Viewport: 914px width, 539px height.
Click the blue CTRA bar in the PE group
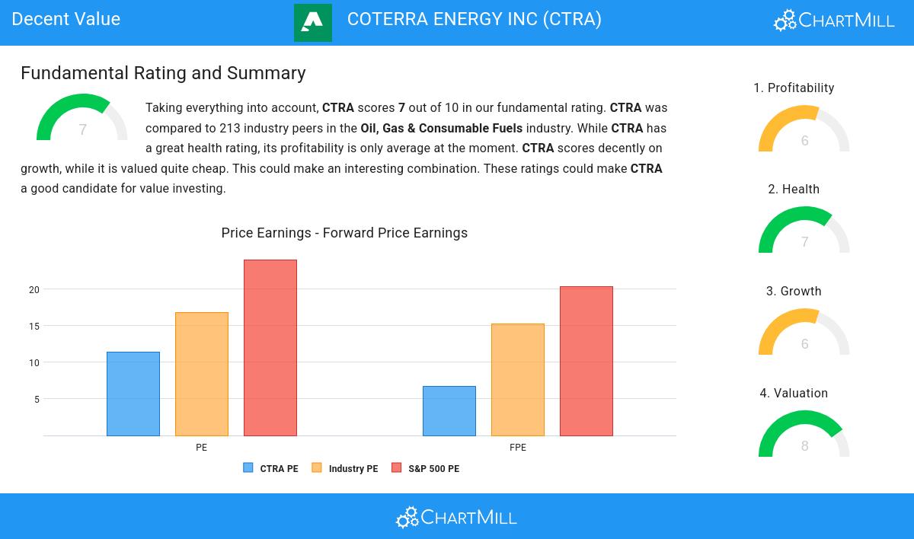coord(133,394)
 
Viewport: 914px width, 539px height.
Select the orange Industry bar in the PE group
coord(202,374)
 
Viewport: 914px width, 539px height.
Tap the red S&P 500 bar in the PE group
coord(270,348)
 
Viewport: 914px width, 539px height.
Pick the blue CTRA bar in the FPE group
coord(449,411)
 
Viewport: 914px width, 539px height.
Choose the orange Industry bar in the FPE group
coord(518,380)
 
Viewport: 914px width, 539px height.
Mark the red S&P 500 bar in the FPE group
coord(586,361)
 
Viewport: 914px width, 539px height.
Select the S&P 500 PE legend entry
coord(426,468)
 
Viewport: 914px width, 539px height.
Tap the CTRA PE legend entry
coord(271,468)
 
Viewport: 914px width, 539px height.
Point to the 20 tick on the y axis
coord(34,289)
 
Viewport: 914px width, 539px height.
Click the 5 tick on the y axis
coord(37,399)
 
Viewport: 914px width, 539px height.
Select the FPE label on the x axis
coord(518,448)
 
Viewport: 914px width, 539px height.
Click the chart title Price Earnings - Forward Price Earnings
coord(344,233)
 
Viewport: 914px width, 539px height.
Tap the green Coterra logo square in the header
coord(313,22)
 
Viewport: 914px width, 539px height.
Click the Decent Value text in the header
coord(66,19)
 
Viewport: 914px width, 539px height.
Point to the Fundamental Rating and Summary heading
coord(163,73)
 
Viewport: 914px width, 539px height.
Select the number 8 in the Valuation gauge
coord(804,445)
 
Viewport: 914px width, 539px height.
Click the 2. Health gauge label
coord(794,190)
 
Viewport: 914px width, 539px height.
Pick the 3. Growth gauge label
coord(794,292)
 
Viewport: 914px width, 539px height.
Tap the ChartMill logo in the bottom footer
coord(456,518)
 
